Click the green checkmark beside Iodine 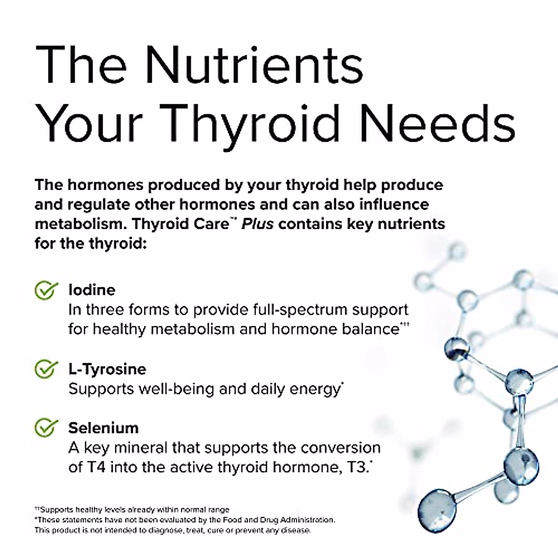(46, 290)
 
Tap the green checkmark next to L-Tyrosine (46, 369)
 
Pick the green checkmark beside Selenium (46, 428)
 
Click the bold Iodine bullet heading (92, 290)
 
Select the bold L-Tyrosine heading (107, 369)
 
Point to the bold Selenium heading (103, 428)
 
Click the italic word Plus (257, 224)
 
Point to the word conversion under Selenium (340, 448)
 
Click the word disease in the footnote (296, 530)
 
